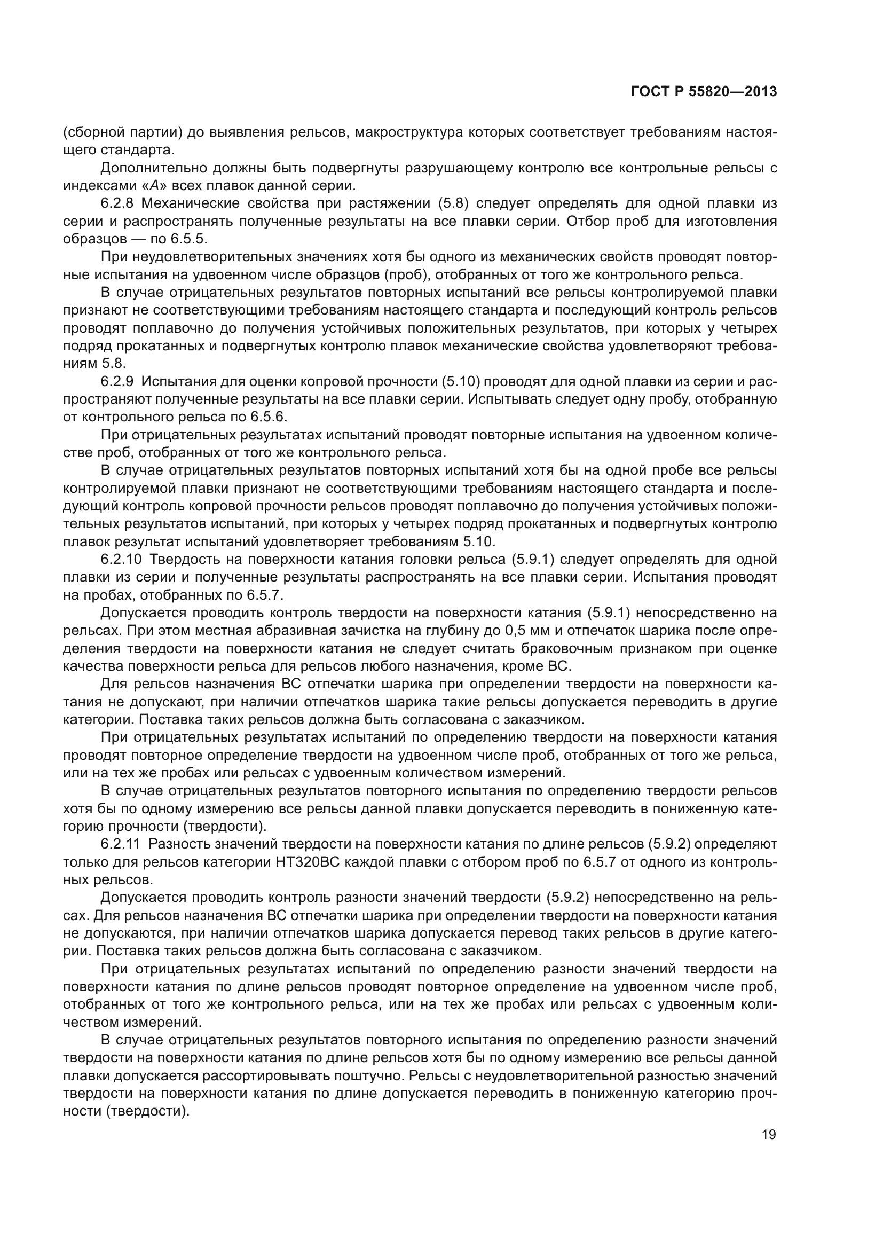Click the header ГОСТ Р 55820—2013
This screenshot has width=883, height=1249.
click(x=704, y=92)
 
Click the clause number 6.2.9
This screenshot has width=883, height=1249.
click(x=117, y=382)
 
